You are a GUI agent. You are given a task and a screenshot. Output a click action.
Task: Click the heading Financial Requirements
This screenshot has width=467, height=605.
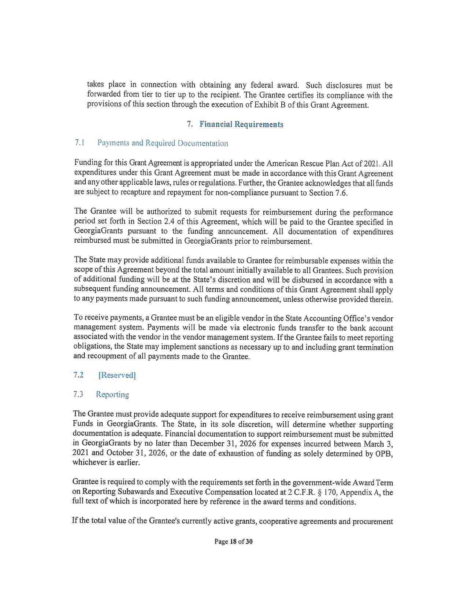[241, 124]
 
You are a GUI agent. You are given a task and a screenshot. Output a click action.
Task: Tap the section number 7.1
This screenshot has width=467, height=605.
[79, 143]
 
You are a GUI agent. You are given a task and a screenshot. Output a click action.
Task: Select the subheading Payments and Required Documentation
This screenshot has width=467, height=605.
[163, 143]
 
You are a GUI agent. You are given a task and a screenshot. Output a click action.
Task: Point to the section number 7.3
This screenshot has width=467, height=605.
[78, 394]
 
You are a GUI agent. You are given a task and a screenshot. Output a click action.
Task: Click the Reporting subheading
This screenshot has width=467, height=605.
[112, 395]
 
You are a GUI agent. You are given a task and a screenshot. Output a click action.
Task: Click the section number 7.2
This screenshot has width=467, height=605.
[78, 375]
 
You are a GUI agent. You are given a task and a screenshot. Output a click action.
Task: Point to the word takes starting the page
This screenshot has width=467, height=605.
[96, 85]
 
